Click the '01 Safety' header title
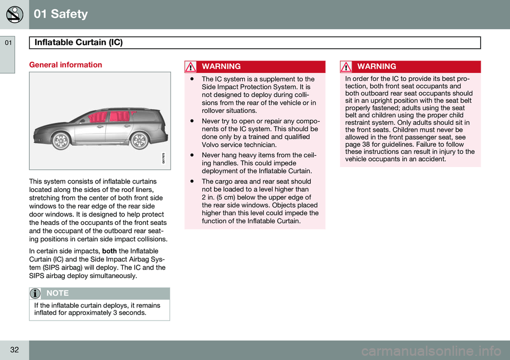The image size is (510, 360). (x=61, y=14)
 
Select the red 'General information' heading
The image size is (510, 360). (x=65, y=65)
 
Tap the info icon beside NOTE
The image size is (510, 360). (x=35, y=294)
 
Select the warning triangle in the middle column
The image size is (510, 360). (x=191, y=67)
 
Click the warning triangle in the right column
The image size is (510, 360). (x=347, y=67)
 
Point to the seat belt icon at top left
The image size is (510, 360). (x=14, y=14)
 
